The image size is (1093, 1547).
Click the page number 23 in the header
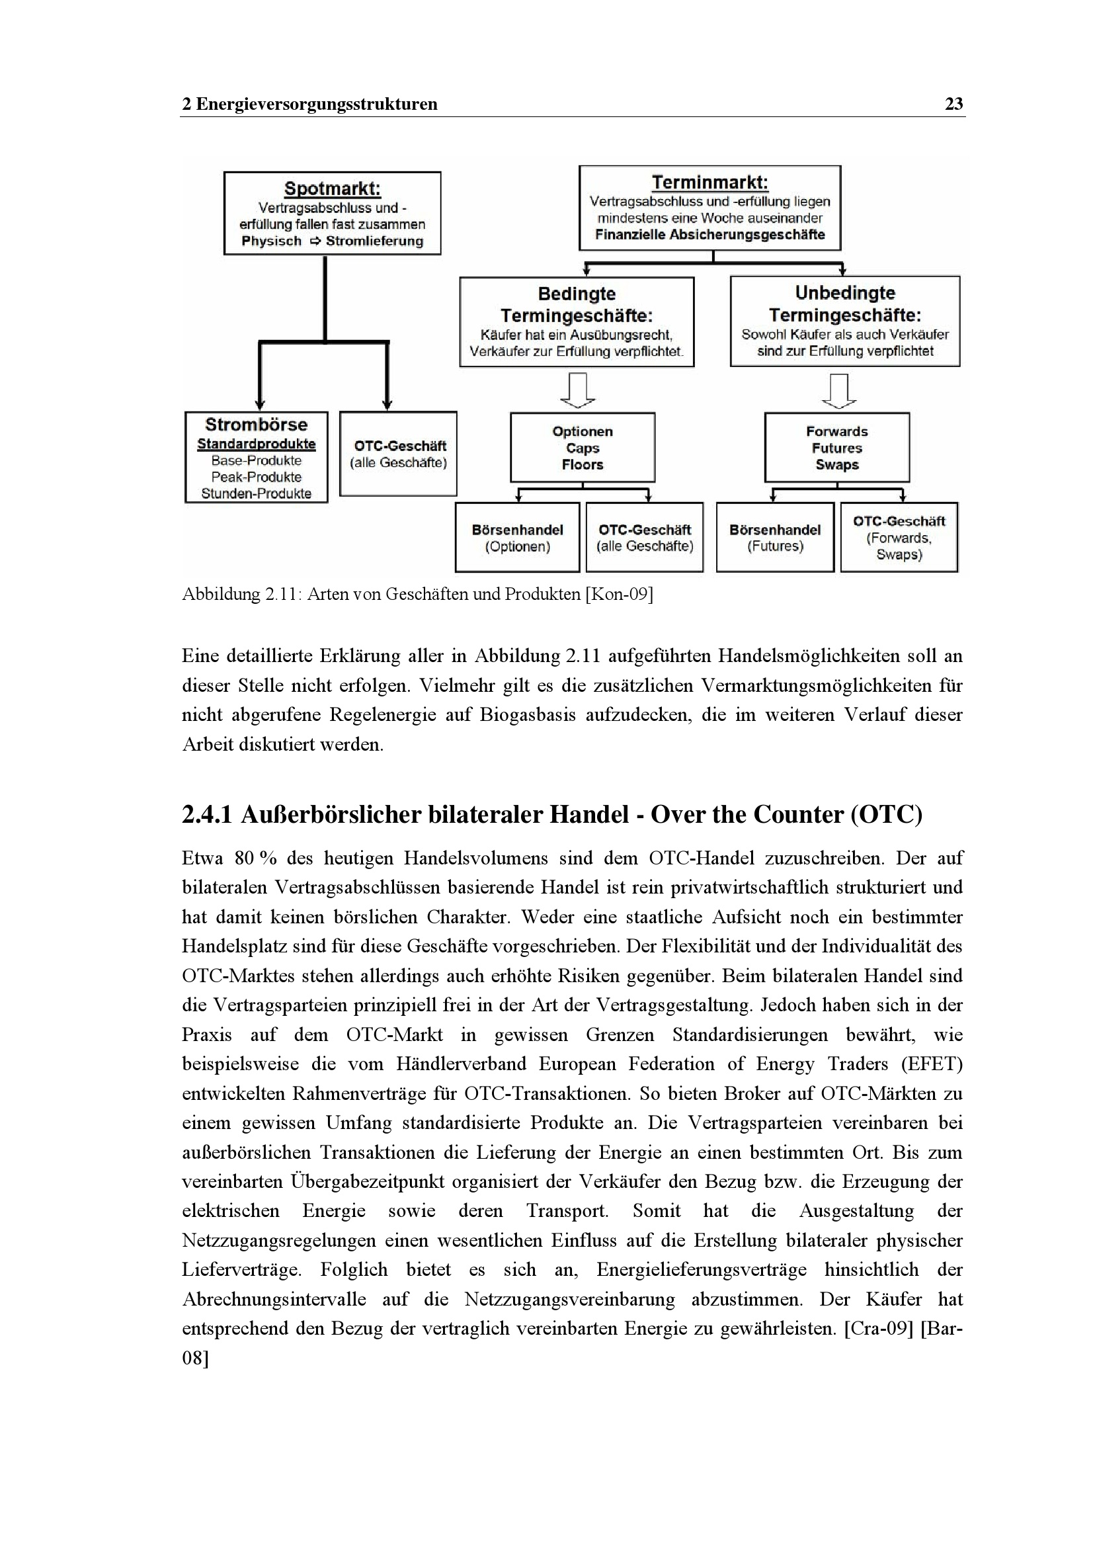[953, 104]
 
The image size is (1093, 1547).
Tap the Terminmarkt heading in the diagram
[709, 183]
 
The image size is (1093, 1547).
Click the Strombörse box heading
[256, 425]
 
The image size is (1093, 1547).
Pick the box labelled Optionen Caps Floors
[583, 448]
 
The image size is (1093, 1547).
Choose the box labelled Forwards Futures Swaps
[836, 448]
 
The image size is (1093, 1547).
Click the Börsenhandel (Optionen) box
[517, 538]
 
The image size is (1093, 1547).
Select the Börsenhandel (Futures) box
[774, 538]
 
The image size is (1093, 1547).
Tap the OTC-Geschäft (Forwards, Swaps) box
[899, 538]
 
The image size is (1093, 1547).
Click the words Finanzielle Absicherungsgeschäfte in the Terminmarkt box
[709, 235]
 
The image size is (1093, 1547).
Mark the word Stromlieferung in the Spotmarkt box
[374, 241]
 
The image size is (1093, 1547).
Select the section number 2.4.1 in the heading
[207, 815]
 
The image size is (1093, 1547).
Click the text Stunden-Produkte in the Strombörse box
[256, 493]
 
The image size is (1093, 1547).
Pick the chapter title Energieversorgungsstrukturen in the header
[317, 104]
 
